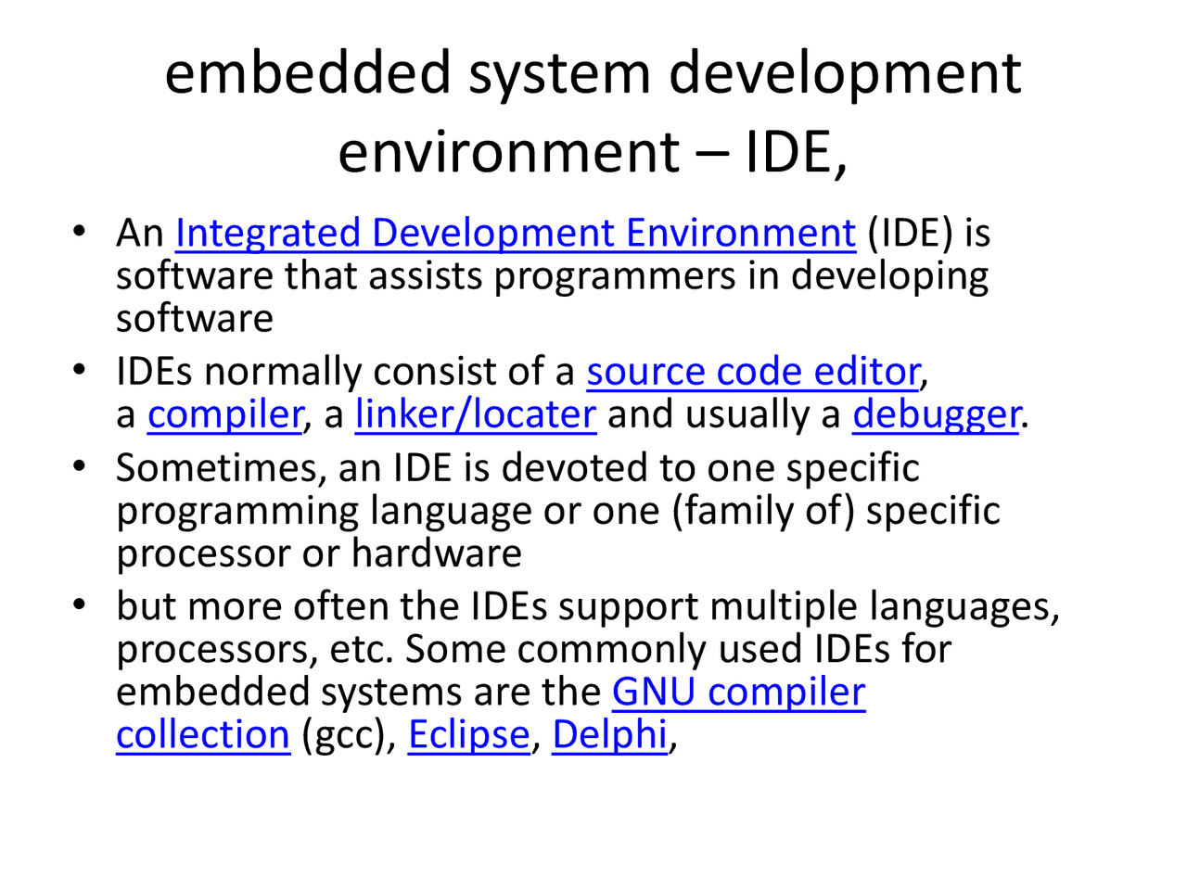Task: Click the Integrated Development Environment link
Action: coord(515,233)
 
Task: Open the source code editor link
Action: coord(753,372)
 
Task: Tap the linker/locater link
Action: coord(475,414)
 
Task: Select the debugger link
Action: coord(936,414)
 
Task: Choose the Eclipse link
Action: coord(468,735)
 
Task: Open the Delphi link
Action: coord(609,735)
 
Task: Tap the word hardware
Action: coord(436,553)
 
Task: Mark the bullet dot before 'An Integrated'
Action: coord(82,230)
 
